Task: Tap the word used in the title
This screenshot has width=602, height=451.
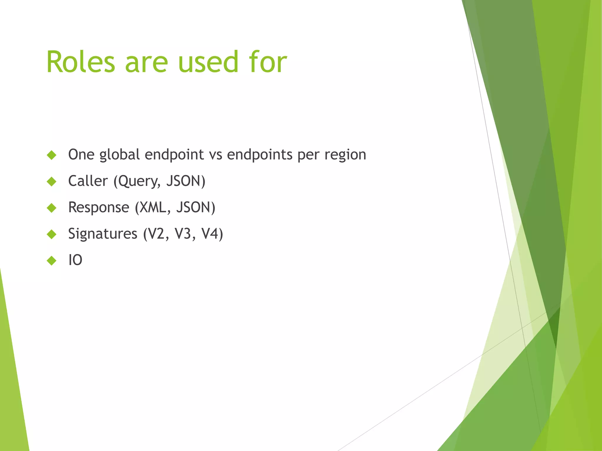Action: (x=208, y=62)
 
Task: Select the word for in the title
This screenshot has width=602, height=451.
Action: (x=268, y=62)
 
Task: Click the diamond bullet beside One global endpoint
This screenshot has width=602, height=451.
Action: (x=51, y=155)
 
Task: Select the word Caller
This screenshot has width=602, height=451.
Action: (x=88, y=181)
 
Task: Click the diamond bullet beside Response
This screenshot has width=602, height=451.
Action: (x=51, y=208)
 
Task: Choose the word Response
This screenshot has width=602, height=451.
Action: (x=98, y=207)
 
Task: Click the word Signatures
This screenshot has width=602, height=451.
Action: (x=103, y=234)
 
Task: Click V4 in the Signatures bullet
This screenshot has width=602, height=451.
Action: (x=210, y=234)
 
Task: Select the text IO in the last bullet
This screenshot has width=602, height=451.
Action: (x=75, y=260)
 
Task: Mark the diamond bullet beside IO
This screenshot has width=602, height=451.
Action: (x=51, y=260)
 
